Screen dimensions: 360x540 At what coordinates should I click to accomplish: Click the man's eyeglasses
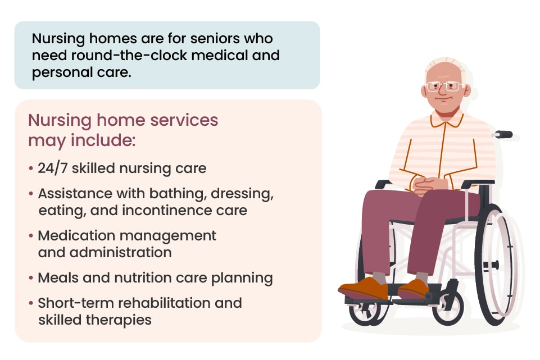click(444, 86)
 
